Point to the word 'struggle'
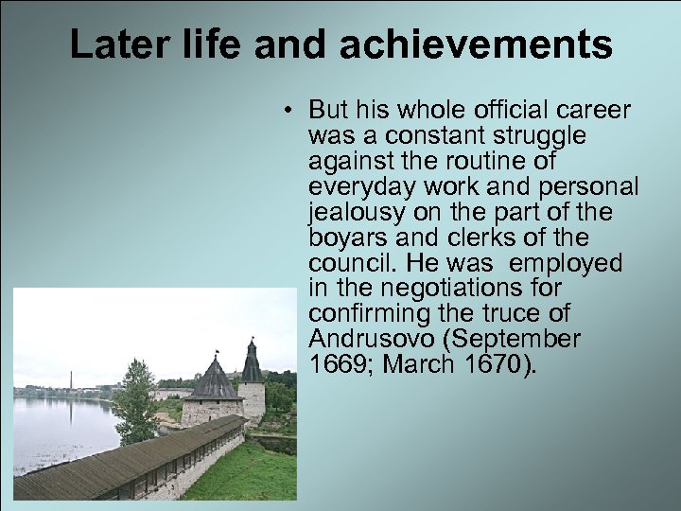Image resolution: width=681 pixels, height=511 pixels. pyautogui.click(x=536, y=135)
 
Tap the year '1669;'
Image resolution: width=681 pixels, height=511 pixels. pyautogui.click(x=334, y=363)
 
